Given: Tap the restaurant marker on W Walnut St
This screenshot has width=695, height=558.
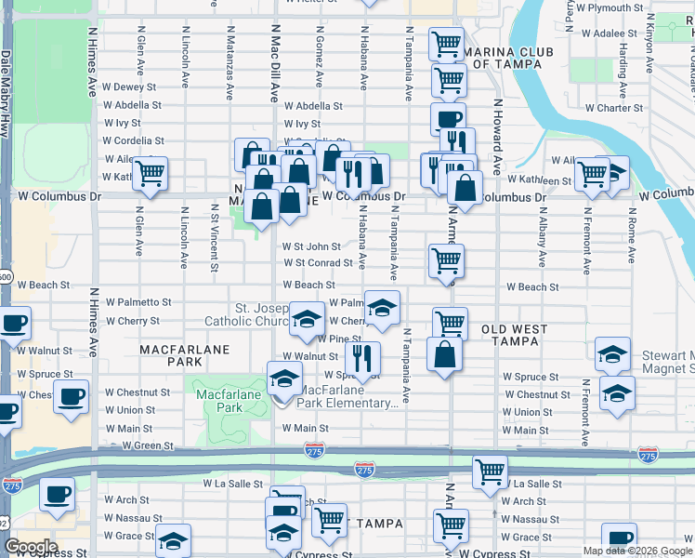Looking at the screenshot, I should [x=363, y=356].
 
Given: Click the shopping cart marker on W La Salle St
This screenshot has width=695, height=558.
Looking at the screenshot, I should [x=490, y=471].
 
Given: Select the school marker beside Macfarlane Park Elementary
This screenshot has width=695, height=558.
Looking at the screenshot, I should [x=284, y=378].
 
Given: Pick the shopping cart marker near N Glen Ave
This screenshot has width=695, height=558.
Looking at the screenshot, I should [x=150, y=173].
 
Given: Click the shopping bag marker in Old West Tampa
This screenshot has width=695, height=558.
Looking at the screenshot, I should [x=445, y=353].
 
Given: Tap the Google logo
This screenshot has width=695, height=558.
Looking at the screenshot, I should [x=31, y=547].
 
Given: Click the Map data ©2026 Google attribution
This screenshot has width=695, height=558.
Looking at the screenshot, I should [x=637, y=551].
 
